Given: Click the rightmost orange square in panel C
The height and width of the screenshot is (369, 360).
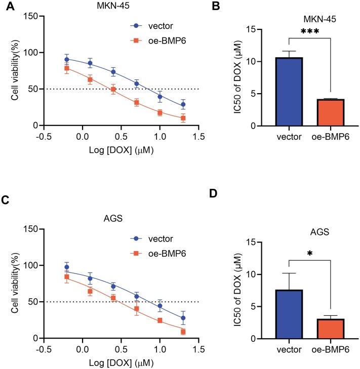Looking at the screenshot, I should click(x=183, y=332).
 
